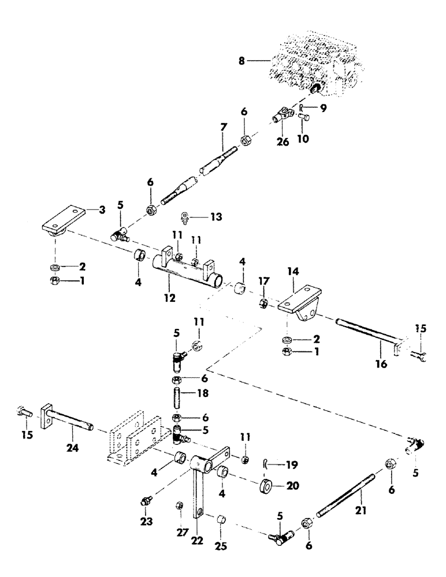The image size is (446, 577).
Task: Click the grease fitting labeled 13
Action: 186,217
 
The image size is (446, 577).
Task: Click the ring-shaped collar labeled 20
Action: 267,484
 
